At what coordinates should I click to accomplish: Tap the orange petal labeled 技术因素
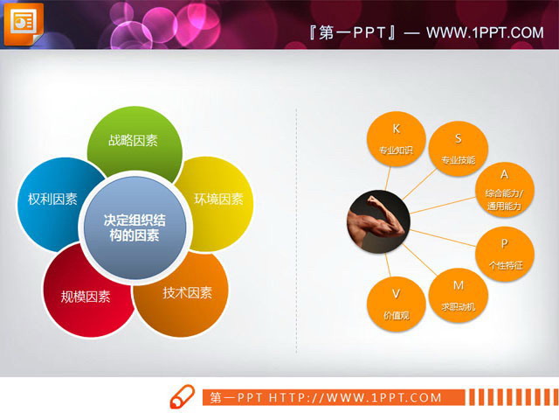coord(187,294)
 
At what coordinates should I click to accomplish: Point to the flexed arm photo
coord(376,219)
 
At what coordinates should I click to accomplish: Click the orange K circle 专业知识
coord(396,137)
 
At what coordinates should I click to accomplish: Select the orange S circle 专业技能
coord(458,147)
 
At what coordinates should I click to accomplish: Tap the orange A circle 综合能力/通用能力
coord(502,189)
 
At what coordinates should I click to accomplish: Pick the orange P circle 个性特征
coord(504,252)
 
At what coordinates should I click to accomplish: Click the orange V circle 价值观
coord(396,302)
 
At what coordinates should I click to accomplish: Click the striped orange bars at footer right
coord(501,398)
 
